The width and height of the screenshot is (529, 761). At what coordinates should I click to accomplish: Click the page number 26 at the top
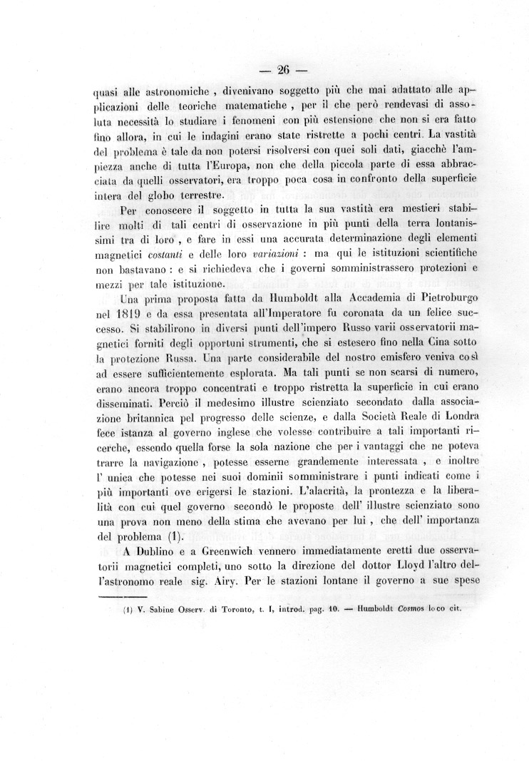(282, 69)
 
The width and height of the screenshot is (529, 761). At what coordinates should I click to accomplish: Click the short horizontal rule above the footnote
(121, 598)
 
